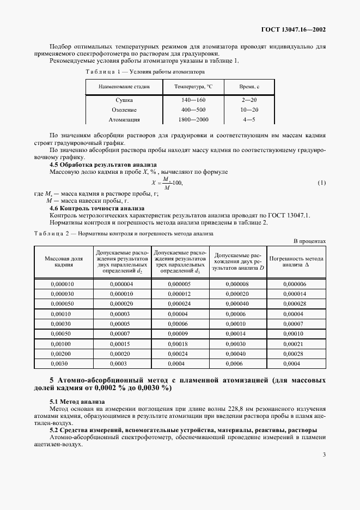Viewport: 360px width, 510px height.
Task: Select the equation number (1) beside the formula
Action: pyautogui.click(x=321, y=183)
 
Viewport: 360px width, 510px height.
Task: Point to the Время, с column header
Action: pyautogui.click(x=249, y=87)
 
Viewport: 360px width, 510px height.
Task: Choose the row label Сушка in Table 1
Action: pyautogui.click(x=124, y=100)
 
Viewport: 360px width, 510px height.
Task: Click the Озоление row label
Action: pyautogui.click(x=124, y=110)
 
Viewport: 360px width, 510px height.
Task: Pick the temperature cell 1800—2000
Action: pyautogui.click(x=193, y=119)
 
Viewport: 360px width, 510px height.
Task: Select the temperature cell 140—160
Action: pyautogui.click(x=193, y=100)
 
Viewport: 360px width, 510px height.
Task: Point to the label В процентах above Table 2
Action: pyautogui.click(x=309, y=240)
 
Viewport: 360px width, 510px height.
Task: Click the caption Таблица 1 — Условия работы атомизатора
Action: pyautogui.click(x=145, y=71)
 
